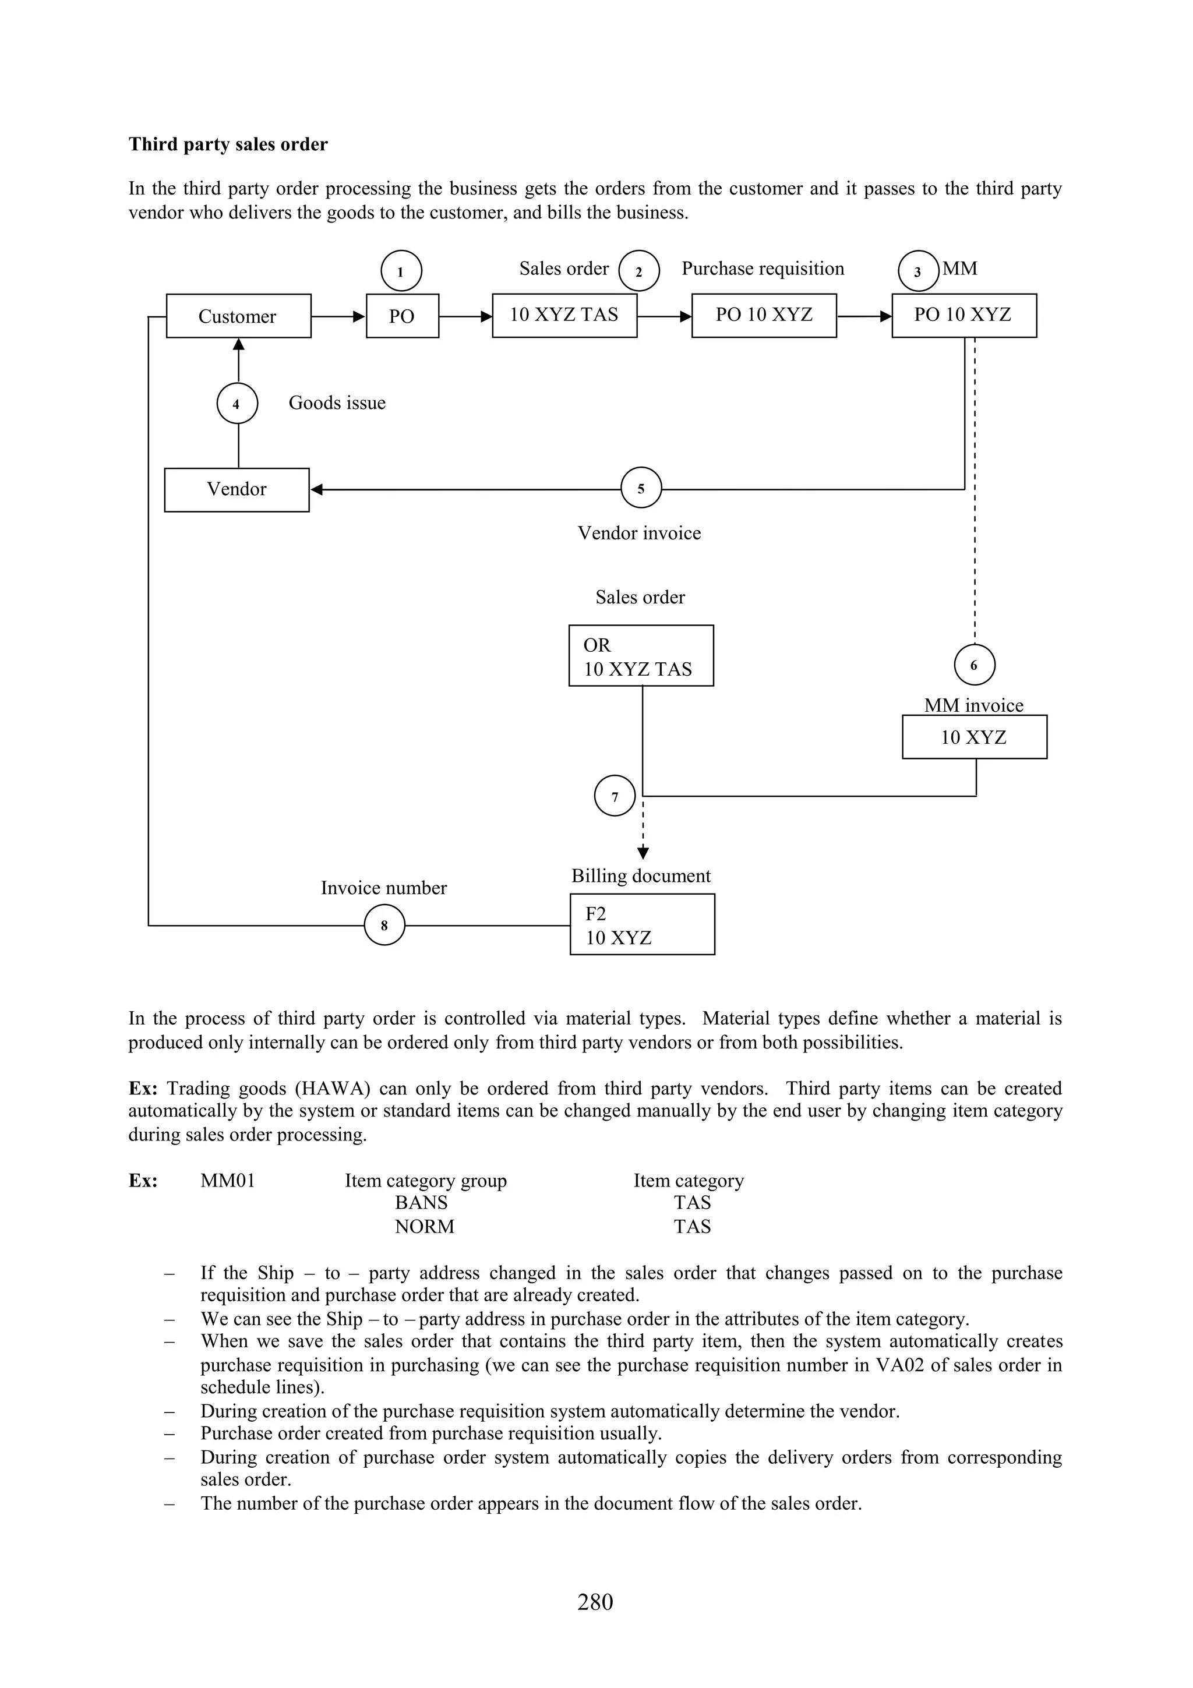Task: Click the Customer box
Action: coord(238,316)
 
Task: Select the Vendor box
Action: coord(237,490)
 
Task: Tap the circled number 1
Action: coord(401,271)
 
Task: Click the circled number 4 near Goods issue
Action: coord(237,404)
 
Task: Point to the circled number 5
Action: coord(641,488)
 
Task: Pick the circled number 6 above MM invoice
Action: coord(974,665)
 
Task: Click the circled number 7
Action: coord(615,796)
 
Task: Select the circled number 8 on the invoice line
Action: coord(384,925)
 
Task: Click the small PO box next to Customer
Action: coord(402,316)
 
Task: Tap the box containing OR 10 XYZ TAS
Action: coord(641,656)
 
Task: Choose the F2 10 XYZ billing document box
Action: coord(642,924)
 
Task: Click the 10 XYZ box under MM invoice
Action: coord(974,737)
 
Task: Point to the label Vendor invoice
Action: coord(639,533)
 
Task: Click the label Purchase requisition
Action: coord(763,269)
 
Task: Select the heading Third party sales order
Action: coord(228,144)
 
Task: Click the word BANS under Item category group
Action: coord(421,1203)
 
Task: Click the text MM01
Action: coord(228,1181)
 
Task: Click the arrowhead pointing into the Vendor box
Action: coord(316,490)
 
